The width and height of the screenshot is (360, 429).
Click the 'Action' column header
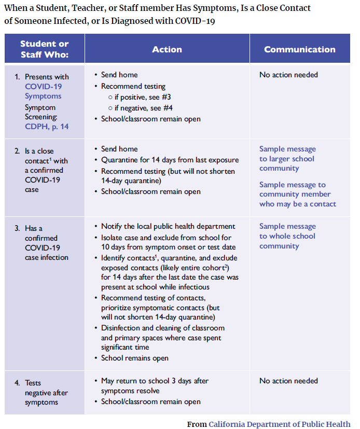167,49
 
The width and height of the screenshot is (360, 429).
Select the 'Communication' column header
299,49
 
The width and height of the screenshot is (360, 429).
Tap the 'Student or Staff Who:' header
45,49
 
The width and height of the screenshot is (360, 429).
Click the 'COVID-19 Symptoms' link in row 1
43,91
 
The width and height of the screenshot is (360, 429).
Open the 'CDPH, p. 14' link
47,126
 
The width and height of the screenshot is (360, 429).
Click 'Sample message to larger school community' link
287,159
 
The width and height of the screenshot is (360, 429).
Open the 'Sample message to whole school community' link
287,236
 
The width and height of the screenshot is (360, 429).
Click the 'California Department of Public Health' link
279,424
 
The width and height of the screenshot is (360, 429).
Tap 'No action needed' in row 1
288,75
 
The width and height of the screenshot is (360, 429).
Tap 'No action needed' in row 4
288,381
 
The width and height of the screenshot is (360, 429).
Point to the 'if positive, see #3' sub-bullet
140,97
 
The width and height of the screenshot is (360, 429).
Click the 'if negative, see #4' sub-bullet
140,108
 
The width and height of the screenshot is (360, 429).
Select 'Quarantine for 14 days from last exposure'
170,160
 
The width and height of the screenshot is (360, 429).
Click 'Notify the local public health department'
168,226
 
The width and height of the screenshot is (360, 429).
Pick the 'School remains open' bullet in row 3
134,358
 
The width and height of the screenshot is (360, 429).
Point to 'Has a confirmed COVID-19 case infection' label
46,243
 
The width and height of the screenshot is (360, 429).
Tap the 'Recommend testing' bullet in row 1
133,86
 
